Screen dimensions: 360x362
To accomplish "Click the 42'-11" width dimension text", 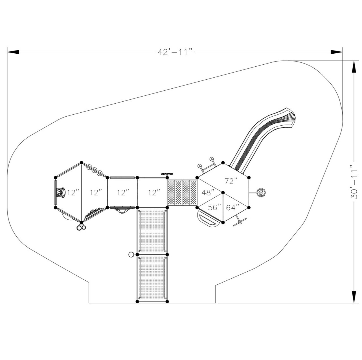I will pos(175,52).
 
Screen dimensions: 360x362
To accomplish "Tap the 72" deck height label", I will pos(231,181).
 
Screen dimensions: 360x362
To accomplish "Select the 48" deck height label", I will pos(208,193).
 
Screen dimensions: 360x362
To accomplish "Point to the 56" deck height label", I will pos(214,208).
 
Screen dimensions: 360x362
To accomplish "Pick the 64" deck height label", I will pos(232,208).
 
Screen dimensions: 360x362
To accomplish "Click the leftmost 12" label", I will pos(73,193).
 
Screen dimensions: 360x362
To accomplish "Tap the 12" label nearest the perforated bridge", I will pos(154,193).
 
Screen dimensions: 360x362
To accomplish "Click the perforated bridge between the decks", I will pos(182,193).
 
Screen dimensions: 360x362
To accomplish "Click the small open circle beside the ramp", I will pos(131,254).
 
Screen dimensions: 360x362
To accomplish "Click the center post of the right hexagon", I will pos(223,193).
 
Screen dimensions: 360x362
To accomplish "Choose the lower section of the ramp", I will pos(152,278).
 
